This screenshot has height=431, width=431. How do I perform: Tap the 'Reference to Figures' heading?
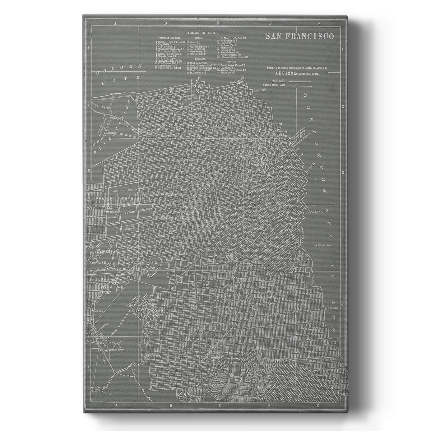click(199, 33)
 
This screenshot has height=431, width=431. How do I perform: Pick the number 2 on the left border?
click(88, 104)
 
